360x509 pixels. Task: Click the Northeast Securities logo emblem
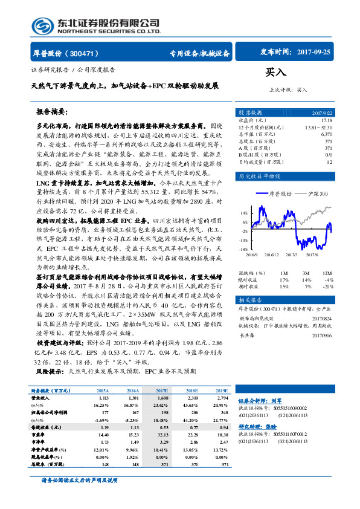(45, 26)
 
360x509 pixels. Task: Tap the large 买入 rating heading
(275, 73)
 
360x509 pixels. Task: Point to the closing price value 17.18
(326, 120)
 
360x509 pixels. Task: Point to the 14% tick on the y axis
(244, 213)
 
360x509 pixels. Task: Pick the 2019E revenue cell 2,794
(220, 398)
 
